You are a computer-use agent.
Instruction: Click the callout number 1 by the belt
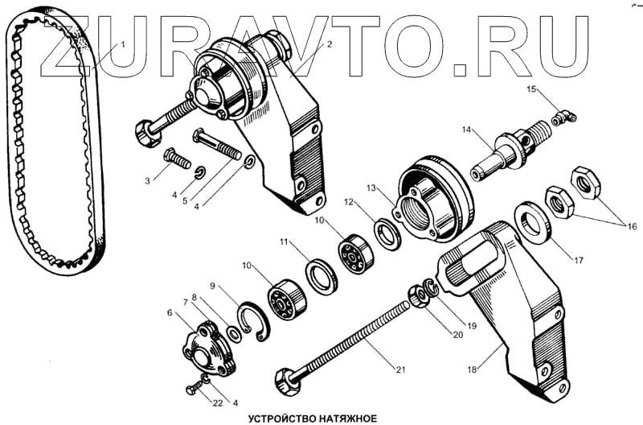pos(125,45)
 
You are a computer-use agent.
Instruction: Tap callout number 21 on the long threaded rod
pos(399,370)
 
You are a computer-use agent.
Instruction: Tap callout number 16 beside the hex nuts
pos(633,227)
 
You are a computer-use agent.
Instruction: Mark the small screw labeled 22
pos(193,390)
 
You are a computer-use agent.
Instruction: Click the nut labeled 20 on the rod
pos(419,297)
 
